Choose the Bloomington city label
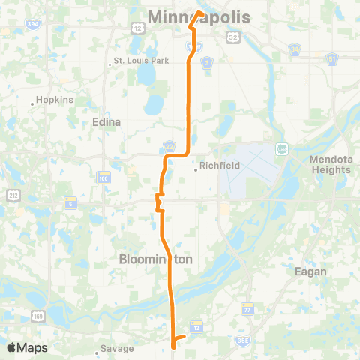(x=156, y=258)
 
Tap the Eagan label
(x=310, y=271)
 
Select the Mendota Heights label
(x=330, y=164)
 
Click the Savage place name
(x=118, y=348)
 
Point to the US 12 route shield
(x=138, y=28)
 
